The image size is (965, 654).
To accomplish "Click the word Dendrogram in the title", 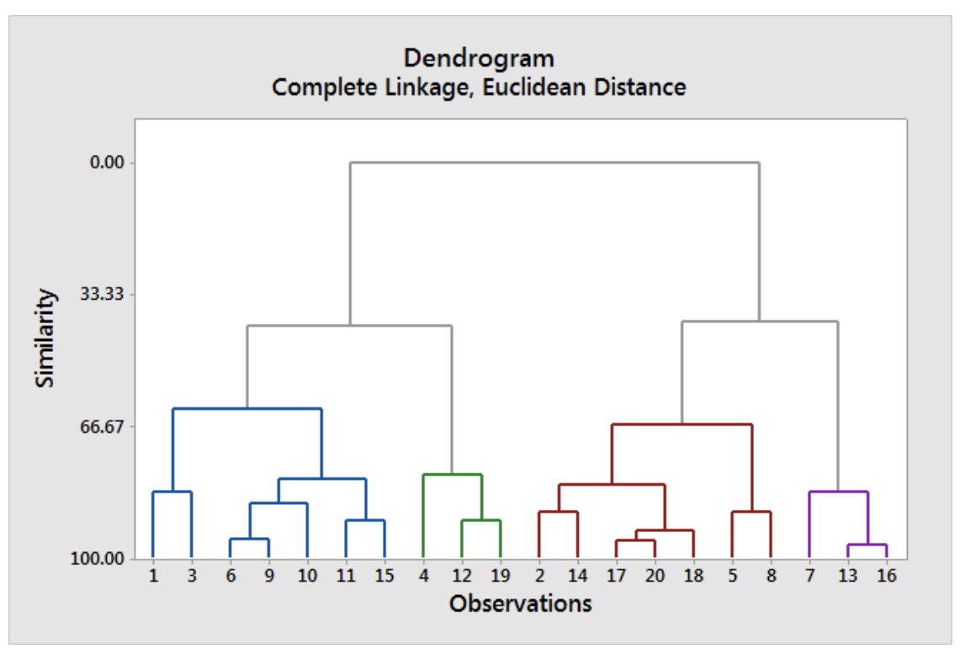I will point(479,58).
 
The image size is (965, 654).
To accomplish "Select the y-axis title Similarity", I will point(46,338).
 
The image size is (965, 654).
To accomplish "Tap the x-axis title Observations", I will point(520,603).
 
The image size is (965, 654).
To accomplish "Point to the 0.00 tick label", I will point(106,162).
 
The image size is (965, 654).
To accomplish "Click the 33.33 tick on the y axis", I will point(103,295).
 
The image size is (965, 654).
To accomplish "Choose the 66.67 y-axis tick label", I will point(103,427).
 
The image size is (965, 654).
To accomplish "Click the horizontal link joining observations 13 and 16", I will point(867,545).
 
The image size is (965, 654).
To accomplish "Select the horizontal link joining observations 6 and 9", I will point(249,539).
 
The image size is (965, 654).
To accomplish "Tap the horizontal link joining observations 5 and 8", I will point(751,512).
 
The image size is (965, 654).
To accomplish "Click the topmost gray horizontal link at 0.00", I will point(555,162).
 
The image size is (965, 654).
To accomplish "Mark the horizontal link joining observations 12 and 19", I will point(481,520).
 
